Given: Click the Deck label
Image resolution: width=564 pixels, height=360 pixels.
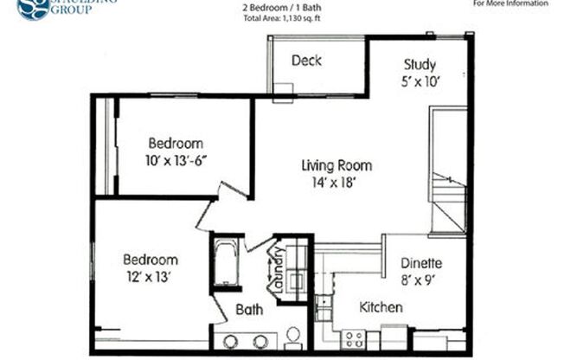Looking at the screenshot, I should [x=306, y=61].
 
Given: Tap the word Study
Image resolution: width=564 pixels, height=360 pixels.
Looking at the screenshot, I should [x=420, y=65].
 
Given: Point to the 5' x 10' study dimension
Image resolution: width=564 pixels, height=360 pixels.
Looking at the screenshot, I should [x=420, y=82].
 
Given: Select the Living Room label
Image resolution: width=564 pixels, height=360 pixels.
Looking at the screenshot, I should [x=336, y=165].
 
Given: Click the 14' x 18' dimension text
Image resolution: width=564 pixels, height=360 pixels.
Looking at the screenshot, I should [x=336, y=183].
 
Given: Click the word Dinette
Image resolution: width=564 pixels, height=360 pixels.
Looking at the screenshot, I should [x=421, y=264].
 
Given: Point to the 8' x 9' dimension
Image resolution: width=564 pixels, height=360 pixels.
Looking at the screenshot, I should [x=421, y=280].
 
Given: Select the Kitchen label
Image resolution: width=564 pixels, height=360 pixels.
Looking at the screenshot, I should [x=381, y=307].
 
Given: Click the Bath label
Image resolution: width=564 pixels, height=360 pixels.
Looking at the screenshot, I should [x=249, y=309].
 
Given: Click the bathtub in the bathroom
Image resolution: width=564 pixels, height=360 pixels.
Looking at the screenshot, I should [x=228, y=262].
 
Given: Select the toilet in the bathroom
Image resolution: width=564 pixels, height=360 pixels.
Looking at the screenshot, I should [x=292, y=336].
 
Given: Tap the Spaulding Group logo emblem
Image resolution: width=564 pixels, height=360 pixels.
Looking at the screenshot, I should [x=33, y=8].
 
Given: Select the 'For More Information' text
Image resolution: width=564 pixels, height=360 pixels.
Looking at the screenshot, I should [x=510, y=3].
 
